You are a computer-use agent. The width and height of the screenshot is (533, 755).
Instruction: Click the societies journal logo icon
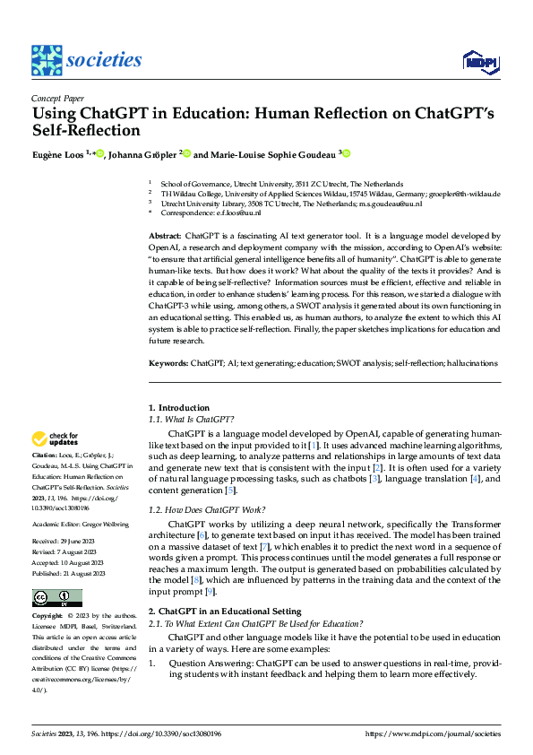point(47,59)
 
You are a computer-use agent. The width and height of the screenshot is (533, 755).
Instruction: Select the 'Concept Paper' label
point(57,100)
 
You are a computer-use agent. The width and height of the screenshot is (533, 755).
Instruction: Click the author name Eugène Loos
point(58,153)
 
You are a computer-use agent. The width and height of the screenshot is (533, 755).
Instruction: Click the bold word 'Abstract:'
point(164,234)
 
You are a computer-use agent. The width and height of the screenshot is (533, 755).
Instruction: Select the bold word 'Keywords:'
point(168,364)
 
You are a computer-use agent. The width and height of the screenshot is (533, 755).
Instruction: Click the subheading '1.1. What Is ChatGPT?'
point(191,419)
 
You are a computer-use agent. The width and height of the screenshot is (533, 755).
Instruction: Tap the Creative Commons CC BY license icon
point(56,597)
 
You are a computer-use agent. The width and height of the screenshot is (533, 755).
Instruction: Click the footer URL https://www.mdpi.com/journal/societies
point(434,733)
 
